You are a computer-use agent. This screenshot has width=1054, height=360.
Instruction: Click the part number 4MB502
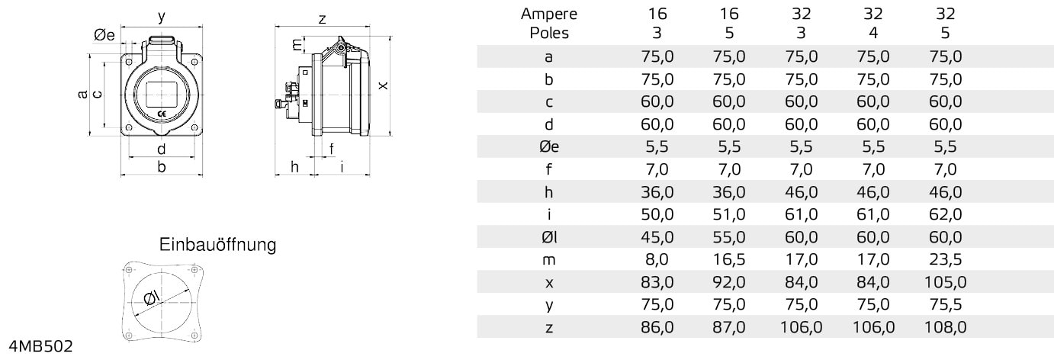tap(41, 347)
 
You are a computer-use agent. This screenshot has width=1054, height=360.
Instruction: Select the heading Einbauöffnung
tap(218, 245)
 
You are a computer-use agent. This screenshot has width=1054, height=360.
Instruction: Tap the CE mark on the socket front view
tap(161, 114)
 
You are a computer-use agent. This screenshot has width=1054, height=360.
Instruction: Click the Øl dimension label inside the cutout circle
tap(152, 299)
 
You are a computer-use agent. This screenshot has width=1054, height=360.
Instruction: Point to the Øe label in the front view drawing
tap(104, 35)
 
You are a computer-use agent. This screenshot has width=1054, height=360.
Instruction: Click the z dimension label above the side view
tap(323, 20)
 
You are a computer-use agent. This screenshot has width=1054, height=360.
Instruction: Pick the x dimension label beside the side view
tap(384, 85)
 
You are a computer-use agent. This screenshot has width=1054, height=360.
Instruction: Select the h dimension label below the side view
tap(294, 166)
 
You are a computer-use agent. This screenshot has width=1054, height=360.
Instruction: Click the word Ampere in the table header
tap(548, 14)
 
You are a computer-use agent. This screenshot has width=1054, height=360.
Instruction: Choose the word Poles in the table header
tap(548, 33)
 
